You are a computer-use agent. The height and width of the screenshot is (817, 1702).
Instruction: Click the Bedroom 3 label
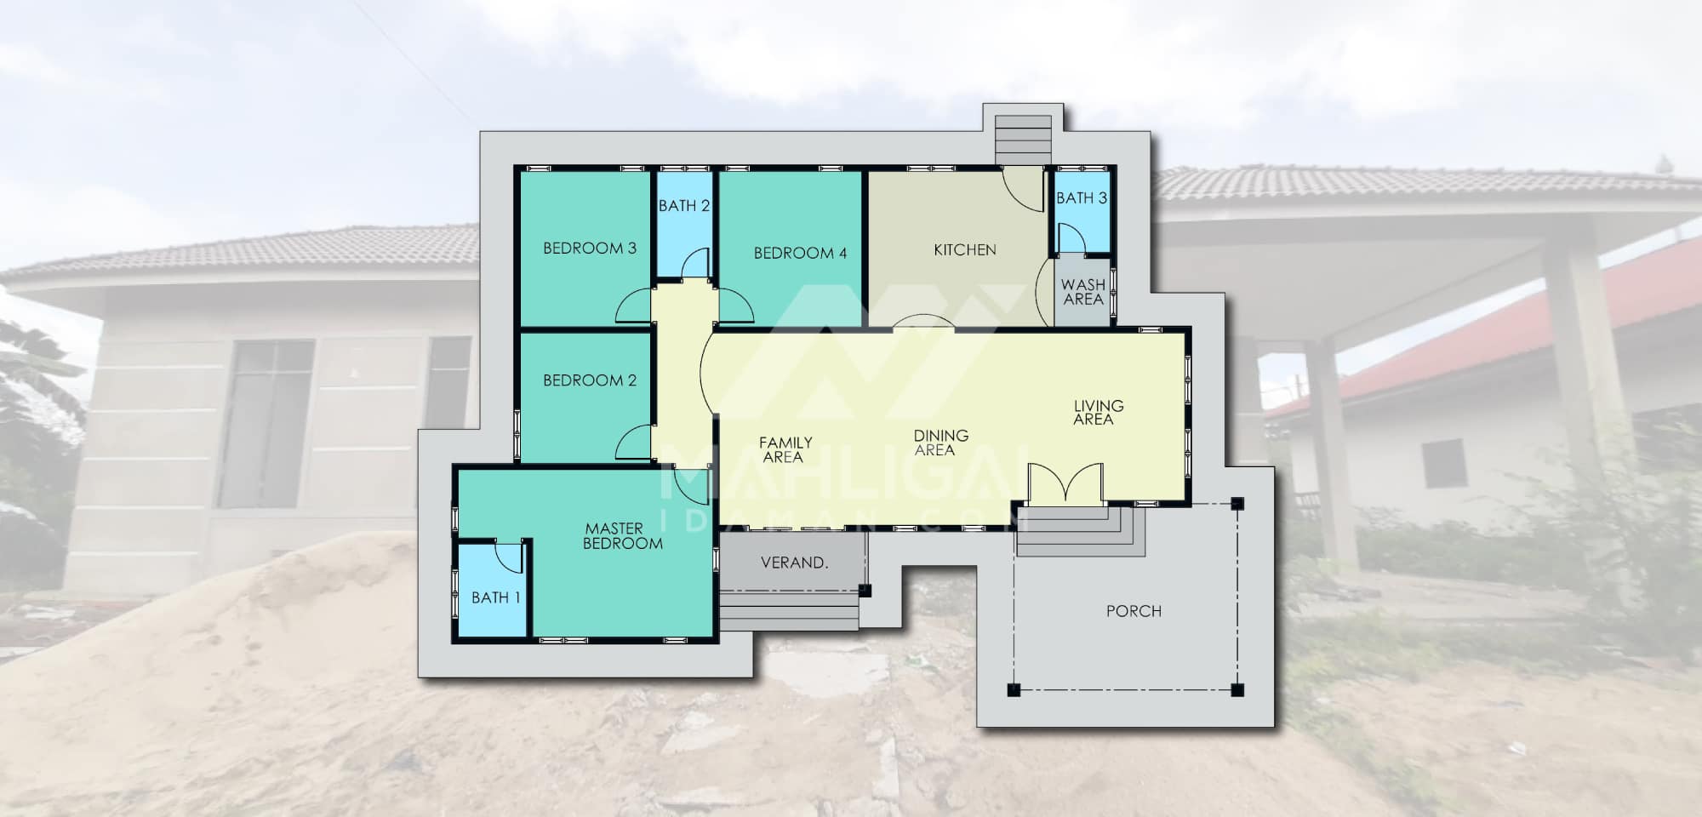click(590, 249)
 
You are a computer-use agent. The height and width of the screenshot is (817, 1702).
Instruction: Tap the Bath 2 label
click(684, 206)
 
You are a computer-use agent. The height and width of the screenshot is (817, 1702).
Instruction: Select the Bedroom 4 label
click(800, 253)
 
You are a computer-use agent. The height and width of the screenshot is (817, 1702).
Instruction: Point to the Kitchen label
click(965, 249)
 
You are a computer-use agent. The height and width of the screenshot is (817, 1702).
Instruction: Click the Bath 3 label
click(1082, 198)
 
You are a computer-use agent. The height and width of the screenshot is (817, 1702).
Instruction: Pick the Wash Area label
click(1083, 292)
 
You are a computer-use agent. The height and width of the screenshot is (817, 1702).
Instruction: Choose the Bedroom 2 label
click(590, 380)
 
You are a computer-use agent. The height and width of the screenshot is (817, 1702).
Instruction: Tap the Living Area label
click(1098, 413)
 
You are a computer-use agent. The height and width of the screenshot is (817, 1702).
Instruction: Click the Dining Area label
click(940, 443)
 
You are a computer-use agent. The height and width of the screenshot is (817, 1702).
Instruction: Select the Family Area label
click(785, 449)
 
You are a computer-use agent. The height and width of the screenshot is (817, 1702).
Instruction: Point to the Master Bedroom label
click(622, 536)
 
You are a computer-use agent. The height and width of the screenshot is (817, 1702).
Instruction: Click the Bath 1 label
click(495, 597)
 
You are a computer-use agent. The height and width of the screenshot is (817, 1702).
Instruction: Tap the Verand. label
click(794, 563)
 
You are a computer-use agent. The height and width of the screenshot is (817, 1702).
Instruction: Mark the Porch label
click(1134, 611)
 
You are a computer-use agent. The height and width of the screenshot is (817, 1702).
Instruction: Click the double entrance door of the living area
click(1065, 483)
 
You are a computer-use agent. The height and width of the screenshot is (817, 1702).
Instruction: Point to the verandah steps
click(789, 612)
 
